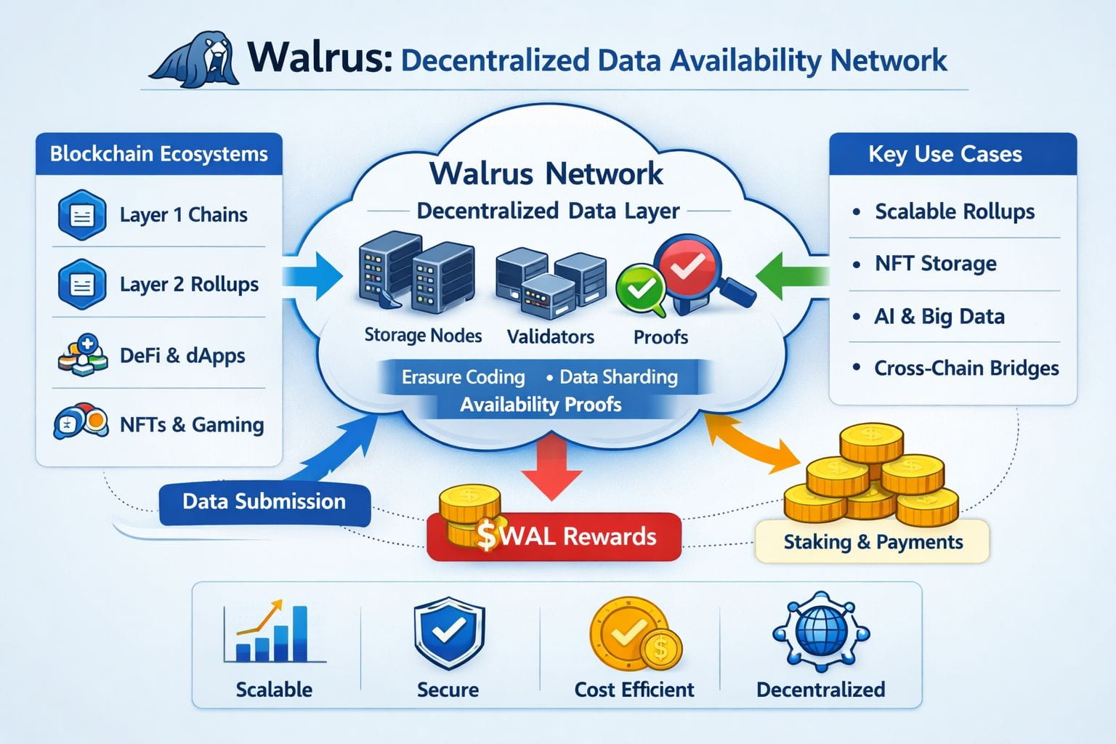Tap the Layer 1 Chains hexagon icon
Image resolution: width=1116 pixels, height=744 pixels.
(x=81, y=215)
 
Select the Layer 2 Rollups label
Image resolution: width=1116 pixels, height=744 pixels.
(x=189, y=284)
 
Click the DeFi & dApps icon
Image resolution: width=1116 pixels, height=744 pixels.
(x=83, y=355)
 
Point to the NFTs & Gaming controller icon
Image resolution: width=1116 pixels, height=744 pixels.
(x=81, y=422)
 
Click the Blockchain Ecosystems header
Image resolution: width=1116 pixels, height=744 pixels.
(x=158, y=154)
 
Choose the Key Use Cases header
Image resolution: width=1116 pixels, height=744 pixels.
(x=945, y=154)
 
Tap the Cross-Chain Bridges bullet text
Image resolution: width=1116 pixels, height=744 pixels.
(x=966, y=368)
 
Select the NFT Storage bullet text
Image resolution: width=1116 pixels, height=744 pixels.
(x=935, y=264)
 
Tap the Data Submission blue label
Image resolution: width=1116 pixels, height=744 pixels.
(x=264, y=501)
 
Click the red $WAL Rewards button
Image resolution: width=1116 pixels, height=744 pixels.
(x=554, y=537)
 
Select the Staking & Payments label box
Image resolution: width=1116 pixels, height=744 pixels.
(x=873, y=542)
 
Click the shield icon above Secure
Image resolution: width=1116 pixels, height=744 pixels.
(x=449, y=632)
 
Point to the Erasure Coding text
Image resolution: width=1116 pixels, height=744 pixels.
(x=463, y=377)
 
